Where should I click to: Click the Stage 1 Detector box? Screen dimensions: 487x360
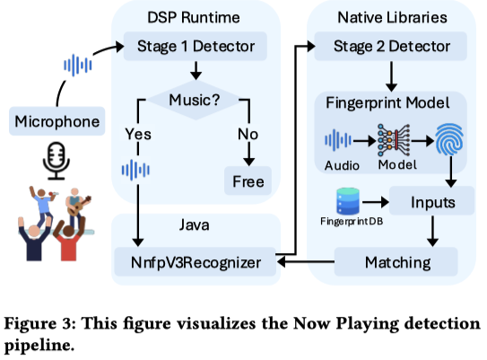point(196,46)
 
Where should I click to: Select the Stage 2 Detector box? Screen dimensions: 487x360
point(391,46)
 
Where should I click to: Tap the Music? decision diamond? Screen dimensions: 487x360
point(195,101)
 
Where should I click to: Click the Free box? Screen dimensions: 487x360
point(248,181)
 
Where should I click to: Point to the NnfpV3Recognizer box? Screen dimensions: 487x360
point(196,262)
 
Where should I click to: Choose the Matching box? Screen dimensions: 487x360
point(396,262)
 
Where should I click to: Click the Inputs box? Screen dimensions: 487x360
point(432,201)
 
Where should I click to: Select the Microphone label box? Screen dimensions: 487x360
point(57,121)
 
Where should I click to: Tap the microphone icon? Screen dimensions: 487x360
point(57,161)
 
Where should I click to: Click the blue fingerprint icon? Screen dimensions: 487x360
point(449,139)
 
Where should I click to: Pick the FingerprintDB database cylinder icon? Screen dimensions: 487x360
point(348,201)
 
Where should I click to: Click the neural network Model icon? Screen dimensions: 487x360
point(394,140)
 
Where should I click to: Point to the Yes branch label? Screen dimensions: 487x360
point(138,134)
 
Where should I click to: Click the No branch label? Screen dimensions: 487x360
point(248,134)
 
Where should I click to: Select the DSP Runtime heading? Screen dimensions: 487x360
point(194,17)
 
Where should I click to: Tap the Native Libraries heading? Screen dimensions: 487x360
point(392,17)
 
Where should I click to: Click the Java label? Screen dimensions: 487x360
point(194,224)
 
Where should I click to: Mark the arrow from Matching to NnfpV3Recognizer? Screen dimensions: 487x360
point(306,262)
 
